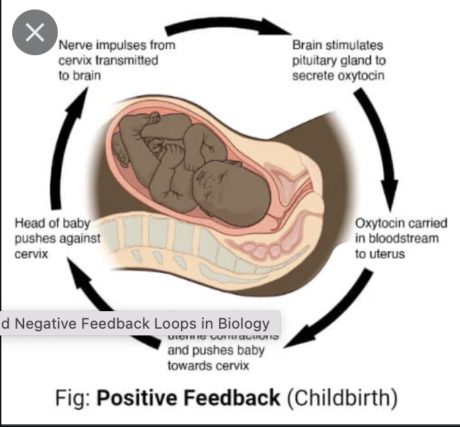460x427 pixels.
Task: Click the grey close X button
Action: [34, 34]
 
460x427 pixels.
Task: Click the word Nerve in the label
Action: [74, 45]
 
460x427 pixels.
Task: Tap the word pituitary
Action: [314, 61]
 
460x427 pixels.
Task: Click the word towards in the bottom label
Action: [189, 365]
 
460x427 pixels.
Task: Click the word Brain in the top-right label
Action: [308, 45]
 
